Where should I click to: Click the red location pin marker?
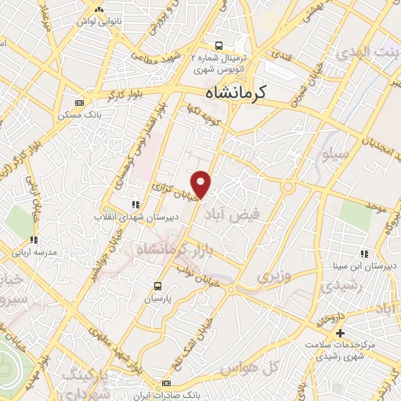coord(202,183)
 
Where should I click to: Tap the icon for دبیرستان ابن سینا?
coord(364,253)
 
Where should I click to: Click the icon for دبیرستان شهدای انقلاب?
coord(135,204)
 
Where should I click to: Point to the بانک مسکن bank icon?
coord(78,103)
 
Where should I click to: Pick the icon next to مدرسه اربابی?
coord(33,240)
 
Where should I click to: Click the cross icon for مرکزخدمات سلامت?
coord(340,333)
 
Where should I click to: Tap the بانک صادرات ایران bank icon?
coord(166,384)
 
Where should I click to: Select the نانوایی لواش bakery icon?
coord(99,9)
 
